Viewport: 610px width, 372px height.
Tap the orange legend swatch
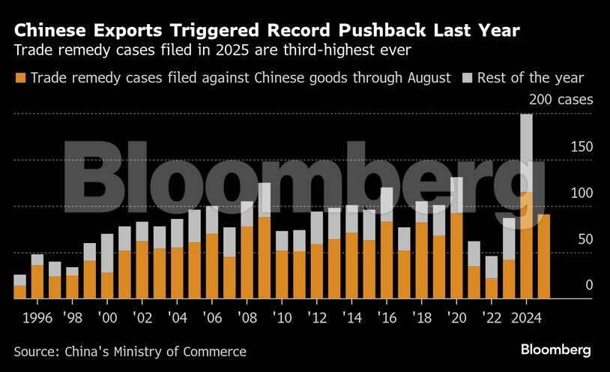click(x=19, y=77)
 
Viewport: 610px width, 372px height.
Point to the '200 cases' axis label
click(x=561, y=99)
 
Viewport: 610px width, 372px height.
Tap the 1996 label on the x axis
click(x=37, y=316)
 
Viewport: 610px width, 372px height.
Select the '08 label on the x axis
click(x=247, y=316)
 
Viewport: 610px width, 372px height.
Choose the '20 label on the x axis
click(x=456, y=316)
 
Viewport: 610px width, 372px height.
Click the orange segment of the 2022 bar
click(x=492, y=288)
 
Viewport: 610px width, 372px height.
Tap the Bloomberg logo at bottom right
click(x=556, y=350)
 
